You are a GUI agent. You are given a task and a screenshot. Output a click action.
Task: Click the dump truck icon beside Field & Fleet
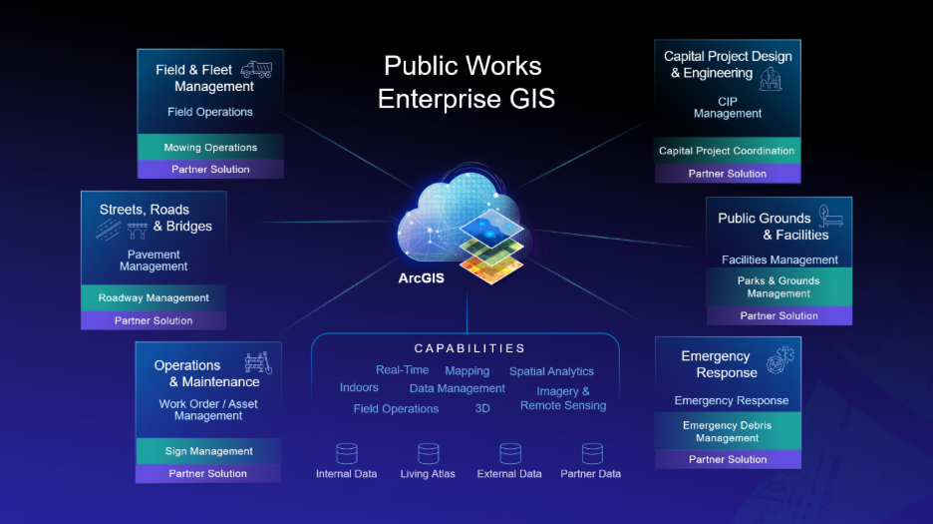coord(256,70)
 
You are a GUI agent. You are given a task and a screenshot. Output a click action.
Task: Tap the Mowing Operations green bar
coord(210,148)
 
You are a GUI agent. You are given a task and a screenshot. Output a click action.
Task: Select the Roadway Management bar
coord(154,297)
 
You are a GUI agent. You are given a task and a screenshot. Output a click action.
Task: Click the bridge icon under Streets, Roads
coord(137,230)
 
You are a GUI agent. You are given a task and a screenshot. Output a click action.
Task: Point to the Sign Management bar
coord(208,451)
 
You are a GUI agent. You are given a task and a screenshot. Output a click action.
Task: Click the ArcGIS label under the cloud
coord(422,277)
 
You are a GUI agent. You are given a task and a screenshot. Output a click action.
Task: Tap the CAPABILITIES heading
coord(470,348)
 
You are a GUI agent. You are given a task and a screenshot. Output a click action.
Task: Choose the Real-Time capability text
coord(403,369)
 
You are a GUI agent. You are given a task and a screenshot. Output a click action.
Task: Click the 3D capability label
coord(482,408)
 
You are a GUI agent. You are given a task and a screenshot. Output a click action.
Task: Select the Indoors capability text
coord(359,387)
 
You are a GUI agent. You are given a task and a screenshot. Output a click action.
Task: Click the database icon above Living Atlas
coord(428,454)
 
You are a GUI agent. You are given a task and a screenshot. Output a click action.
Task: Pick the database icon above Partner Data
coord(592,454)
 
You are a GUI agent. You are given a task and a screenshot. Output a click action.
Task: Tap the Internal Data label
coord(346,474)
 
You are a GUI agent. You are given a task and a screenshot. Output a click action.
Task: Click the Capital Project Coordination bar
coord(727,151)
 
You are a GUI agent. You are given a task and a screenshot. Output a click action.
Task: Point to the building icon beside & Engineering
coord(771,79)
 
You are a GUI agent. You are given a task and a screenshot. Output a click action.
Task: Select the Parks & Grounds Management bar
coord(778,286)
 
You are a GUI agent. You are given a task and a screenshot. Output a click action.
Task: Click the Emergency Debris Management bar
coord(727,431)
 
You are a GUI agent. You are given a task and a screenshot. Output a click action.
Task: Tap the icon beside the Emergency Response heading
coord(780,359)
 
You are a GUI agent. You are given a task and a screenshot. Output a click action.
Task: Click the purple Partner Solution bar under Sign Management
coord(208,473)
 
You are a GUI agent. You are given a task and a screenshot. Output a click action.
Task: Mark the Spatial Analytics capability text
coord(551,371)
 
